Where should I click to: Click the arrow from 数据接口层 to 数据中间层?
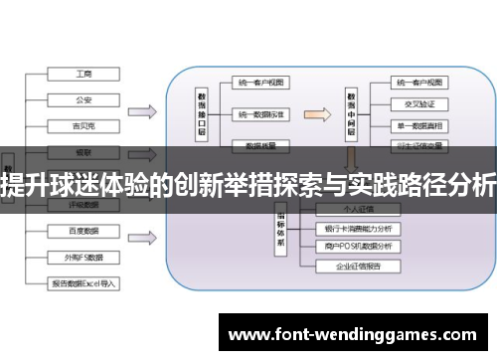316,114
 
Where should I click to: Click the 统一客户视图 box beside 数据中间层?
418,83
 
